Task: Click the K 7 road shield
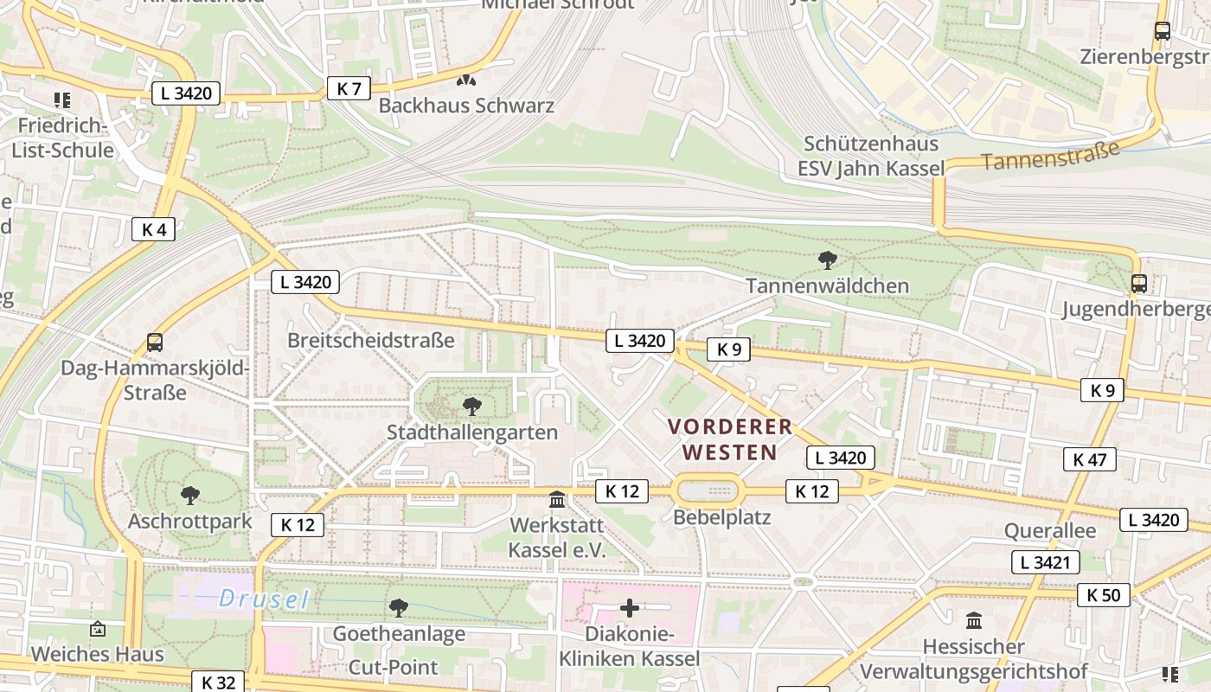click(x=349, y=88)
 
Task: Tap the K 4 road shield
click(x=154, y=229)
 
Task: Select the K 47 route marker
click(x=1089, y=459)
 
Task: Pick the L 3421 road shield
click(x=1046, y=562)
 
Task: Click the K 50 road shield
click(x=1103, y=595)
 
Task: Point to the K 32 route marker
click(x=218, y=682)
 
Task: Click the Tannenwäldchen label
click(x=827, y=285)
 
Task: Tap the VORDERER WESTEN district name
click(x=729, y=439)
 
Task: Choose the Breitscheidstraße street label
click(x=370, y=340)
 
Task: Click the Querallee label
click(x=1049, y=530)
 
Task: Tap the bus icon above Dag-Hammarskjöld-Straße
click(x=155, y=343)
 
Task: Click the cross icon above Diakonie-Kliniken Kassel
click(x=629, y=609)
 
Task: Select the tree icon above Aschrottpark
click(x=189, y=496)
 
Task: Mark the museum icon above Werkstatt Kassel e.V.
click(x=557, y=500)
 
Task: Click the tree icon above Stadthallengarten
click(x=471, y=406)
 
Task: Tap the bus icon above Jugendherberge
click(x=1139, y=284)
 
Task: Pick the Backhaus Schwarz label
click(x=466, y=106)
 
